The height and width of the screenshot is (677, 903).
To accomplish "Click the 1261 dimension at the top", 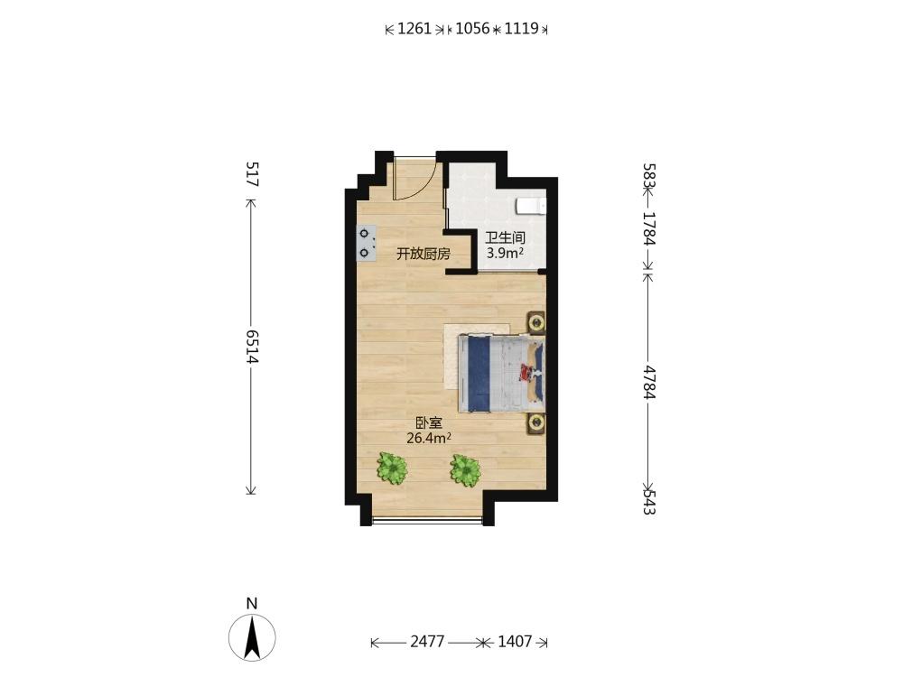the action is (x=414, y=28).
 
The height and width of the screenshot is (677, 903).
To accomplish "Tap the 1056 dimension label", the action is (x=472, y=28).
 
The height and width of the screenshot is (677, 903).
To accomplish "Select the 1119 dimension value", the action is (x=521, y=28).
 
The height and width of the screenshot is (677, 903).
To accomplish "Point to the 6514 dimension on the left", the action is (x=252, y=347).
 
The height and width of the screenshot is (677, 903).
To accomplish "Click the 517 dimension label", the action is (x=252, y=174).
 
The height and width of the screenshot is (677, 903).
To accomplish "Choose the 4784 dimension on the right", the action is (x=649, y=382).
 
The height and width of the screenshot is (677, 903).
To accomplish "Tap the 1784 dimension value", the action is (x=649, y=229).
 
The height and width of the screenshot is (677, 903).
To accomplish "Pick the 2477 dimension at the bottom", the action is (x=427, y=641).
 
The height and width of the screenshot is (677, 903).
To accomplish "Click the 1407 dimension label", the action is (x=515, y=641).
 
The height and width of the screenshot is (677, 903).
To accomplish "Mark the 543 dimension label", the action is (x=649, y=502).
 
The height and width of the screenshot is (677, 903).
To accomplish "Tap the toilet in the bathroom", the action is (x=531, y=206).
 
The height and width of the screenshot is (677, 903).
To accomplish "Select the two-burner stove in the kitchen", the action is (x=367, y=244).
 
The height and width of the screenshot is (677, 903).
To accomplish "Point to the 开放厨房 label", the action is (x=424, y=254).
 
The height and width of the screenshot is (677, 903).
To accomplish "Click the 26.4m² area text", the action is (x=428, y=438).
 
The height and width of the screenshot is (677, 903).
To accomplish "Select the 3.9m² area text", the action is (x=505, y=252).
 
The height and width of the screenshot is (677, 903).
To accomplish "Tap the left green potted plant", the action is (x=392, y=468).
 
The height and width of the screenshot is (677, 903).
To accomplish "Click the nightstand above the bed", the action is (x=536, y=323).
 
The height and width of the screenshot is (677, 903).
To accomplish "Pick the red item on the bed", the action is (x=526, y=373).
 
